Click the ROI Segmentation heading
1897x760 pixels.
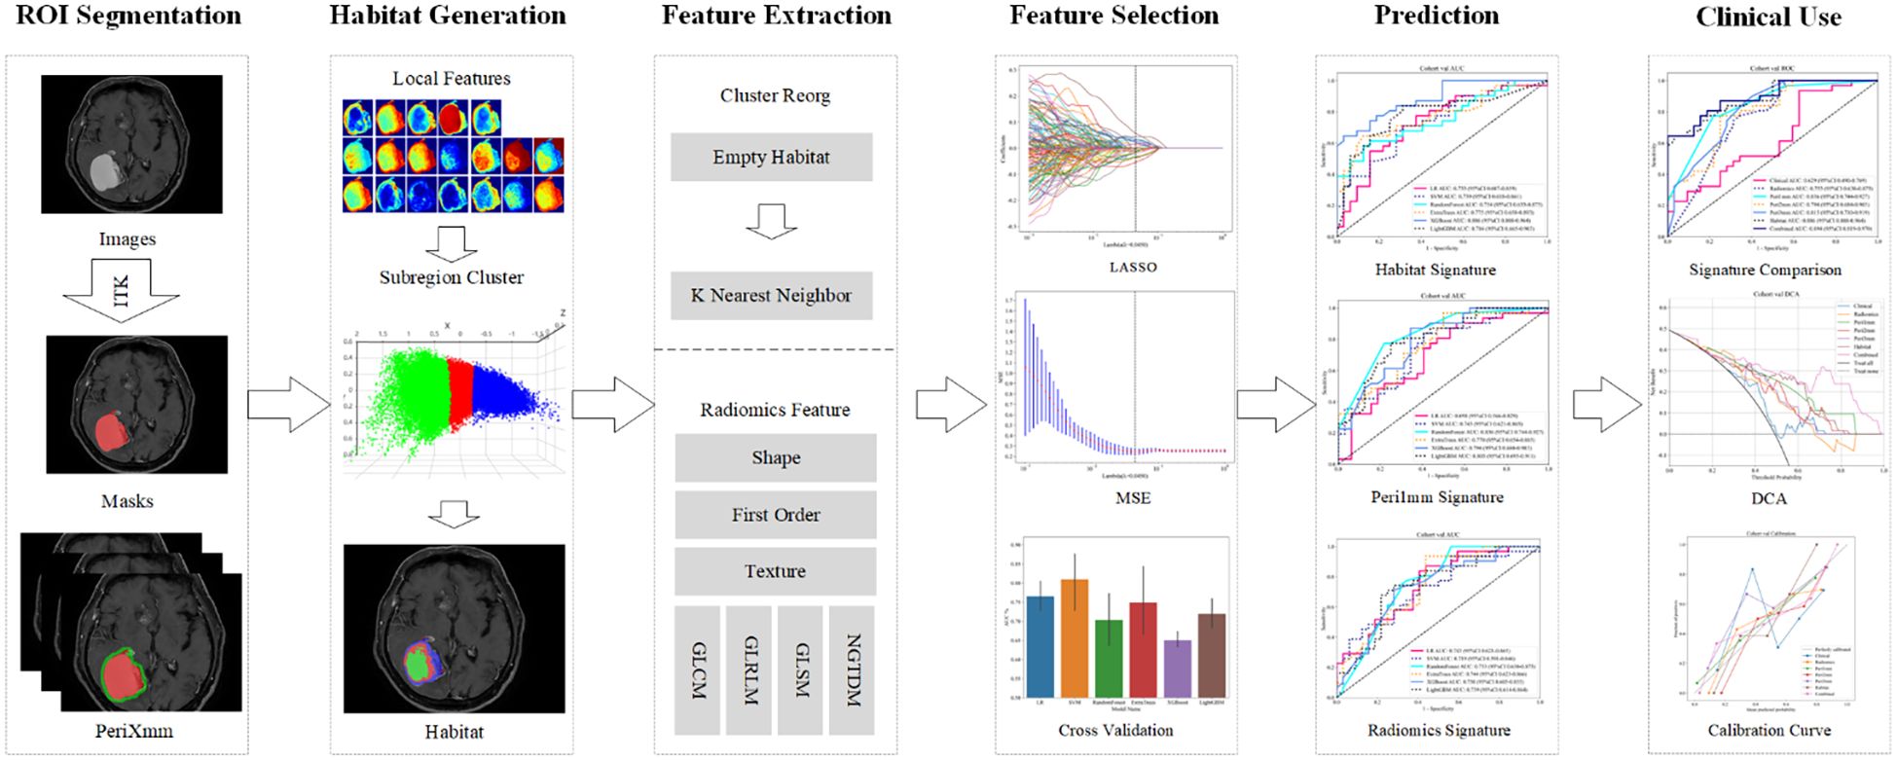[x=128, y=16]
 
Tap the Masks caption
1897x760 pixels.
[x=127, y=501]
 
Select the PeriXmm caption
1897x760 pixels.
[x=133, y=730]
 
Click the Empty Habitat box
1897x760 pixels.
[x=771, y=158]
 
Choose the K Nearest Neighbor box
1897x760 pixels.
[x=771, y=296]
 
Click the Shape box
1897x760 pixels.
[x=775, y=458]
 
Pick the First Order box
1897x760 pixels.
[x=775, y=515]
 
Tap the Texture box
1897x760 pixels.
[x=775, y=571]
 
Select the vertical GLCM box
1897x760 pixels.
[x=697, y=670]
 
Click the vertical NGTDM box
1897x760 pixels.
[x=852, y=670]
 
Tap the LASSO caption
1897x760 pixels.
[x=1133, y=267]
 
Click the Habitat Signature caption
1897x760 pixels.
[x=1435, y=270]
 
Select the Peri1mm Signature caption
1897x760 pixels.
[x=1437, y=497]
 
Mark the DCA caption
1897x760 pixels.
[x=1769, y=498]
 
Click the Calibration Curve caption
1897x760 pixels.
[x=1769, y=730]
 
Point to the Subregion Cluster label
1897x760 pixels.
[x=451, y=277]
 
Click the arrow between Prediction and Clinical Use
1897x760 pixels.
[x=1606, y=404]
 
